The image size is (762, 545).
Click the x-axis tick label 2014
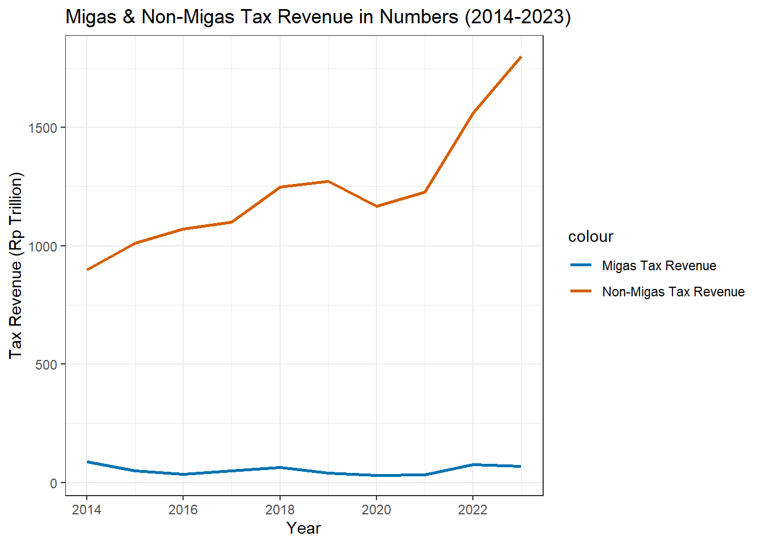[x=87, y=510]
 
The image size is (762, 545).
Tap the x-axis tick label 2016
[x=183, y=510]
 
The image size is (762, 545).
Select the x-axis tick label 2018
[x=280, y=510]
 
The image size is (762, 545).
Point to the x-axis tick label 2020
[x=376, y=510]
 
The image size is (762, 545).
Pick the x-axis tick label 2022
[x=473, y=510]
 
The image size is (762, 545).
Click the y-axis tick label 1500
[x=43, y=128]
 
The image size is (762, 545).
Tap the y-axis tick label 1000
[x=43, y=246]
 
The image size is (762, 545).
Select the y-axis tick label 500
[x=46, y=364]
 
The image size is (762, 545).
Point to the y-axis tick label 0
[x=54, y=483]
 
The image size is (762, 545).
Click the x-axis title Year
[x=304, y=529]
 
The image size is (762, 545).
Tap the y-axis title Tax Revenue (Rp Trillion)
[x=16, y=265]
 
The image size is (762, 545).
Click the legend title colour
[x=591, y=237]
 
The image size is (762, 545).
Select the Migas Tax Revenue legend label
[x=659, y=266]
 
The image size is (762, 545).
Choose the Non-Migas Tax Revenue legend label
[x=674, y=292]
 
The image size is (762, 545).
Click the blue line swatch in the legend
[x=581, y=265]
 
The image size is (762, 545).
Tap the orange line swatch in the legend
[x=581, y=291]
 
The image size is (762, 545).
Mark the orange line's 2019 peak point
[x=328, y=181]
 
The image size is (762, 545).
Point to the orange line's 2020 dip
[x=376, y=206]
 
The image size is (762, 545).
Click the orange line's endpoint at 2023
[x=521, y=57]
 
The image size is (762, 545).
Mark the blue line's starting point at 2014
[x=87, y=462]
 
